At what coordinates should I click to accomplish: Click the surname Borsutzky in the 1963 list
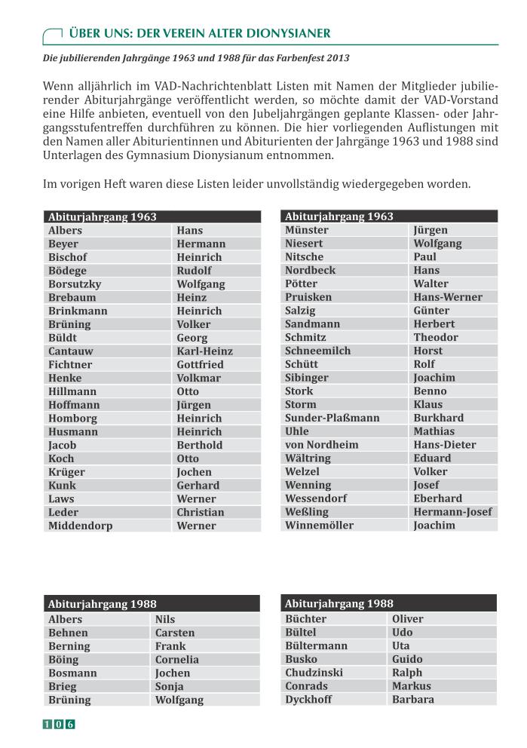click(x=75, y=284)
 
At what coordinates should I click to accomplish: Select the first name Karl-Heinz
click(x=204, y=351)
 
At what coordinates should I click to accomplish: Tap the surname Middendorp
click(x=80, y=526)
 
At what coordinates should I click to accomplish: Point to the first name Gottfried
click(x=200, y=365)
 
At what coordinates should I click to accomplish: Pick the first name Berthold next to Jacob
click(x=199, y=446)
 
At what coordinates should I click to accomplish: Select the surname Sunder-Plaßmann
click(x=332, y=418)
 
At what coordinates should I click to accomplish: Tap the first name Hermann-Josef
click(x=452, y=512)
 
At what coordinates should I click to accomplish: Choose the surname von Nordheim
click(x=321, y=445)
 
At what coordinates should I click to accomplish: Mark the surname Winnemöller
click(x=319, y=526)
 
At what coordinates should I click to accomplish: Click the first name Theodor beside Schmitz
click(x=435, y=338)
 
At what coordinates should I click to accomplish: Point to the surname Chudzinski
click(x=314, y=673)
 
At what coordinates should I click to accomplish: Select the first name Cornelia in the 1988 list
click(x=177, y=660)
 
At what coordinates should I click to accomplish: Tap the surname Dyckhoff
click(x=308, y=700)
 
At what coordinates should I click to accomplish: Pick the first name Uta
click(x=401, y=646)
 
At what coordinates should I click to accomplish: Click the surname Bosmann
click(x=72, y=673)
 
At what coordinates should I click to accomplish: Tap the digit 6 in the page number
click(x=70, y=725)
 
